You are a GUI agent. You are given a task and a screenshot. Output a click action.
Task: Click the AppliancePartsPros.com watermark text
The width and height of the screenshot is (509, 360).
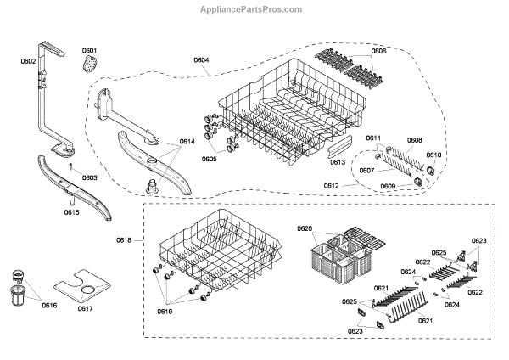[255, 8]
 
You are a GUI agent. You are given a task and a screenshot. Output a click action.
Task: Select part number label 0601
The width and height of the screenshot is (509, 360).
[89, 50]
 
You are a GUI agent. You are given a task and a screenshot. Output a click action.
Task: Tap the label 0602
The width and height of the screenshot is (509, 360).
[28, 61]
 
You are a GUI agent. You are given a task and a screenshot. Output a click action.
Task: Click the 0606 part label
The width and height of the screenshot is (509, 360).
[378, 52]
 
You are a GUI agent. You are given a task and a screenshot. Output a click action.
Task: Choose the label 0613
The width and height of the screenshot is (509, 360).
[337, 161]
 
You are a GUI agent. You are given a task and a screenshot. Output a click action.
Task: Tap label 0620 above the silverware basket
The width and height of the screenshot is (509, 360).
[305, 228]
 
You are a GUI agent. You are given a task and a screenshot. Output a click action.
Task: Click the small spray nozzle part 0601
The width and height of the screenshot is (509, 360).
[91, 65]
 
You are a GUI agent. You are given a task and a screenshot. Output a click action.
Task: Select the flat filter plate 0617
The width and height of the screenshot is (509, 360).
[85, 286]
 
